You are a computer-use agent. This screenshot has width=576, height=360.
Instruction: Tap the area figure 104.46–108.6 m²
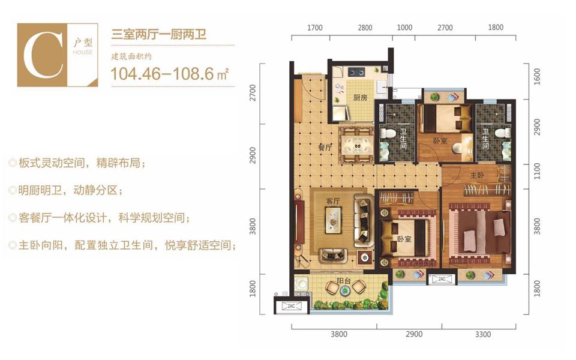(x=169, y=74)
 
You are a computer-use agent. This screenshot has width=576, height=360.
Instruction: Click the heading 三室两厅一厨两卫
(x=158, y=35)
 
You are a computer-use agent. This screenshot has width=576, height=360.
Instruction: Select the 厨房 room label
(x=361, y=97)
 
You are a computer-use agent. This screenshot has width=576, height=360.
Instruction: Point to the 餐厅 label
(x=325, y=148)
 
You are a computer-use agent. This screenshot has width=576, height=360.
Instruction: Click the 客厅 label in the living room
(x=333, y=201)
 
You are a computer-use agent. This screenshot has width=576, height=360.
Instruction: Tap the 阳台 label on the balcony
(x=344, y=281)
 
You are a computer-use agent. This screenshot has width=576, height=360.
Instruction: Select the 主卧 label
(x=477, y=176)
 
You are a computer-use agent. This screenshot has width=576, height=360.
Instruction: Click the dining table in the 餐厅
(x=358, y=145)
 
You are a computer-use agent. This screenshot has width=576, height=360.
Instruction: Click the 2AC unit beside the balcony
(x=291, y=305)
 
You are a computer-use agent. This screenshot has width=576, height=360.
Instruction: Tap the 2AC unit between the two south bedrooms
(x=442, y=279)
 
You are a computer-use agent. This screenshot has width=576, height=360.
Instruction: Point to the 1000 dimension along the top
(x=404, y=28)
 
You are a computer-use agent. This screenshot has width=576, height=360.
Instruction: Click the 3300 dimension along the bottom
(x=482, y=334)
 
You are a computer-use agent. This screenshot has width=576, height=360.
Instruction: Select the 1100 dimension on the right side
(x=536, y=171)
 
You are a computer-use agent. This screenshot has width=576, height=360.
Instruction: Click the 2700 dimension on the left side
(x=253, y=92)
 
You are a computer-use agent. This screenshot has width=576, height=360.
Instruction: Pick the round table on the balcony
(x=345, y=291)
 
